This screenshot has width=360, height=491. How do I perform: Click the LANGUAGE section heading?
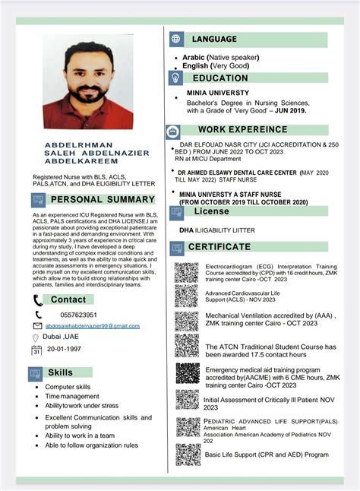pyautogui.click(x=214, y=39)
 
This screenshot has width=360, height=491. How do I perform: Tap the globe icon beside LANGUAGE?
pyautogui.click(x=177, y=39)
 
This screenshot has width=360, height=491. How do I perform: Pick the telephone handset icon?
pyautogui.click(x=38, y=315)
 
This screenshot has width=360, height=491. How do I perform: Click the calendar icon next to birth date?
pyautogui.click(x=36, y=350)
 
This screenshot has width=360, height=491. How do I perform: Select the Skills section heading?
pyautogui.click(x=61, y=372)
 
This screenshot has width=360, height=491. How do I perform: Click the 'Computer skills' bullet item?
pyautogui.click(x=68, y=387)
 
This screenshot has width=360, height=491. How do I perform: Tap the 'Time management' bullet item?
pyautogui.click(x=71, y=396)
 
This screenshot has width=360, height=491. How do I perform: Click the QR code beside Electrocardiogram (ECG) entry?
pyautogui.click(x=186, y=273)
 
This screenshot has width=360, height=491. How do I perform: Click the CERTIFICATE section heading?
pyautogui.click(x=219, y=247)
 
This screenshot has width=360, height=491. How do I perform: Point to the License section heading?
pyautogui.click(x=210, y=211)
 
